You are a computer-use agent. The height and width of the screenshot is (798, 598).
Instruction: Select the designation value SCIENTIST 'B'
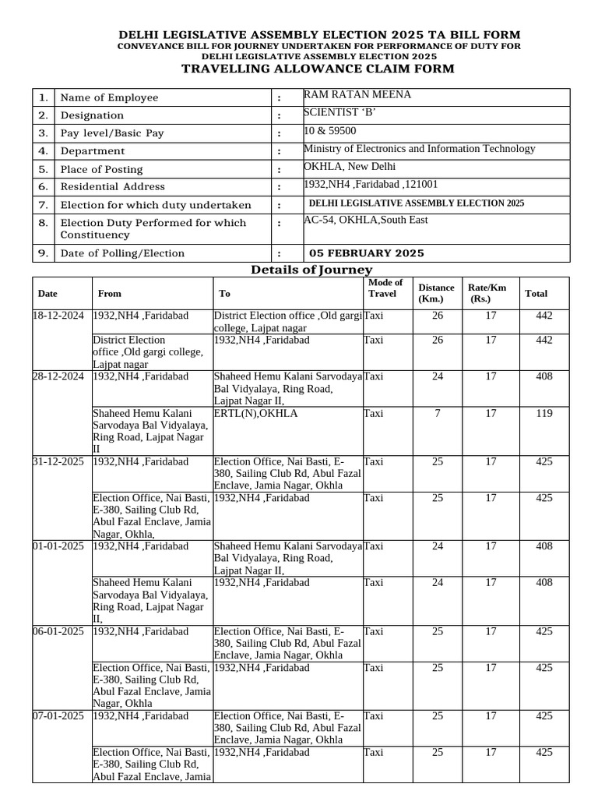pos(339,113)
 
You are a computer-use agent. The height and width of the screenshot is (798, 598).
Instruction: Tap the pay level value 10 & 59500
pos(330,131)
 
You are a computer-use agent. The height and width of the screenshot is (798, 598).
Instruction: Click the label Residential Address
pos(113,186)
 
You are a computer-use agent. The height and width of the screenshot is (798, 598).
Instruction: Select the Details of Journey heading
pos(311,270)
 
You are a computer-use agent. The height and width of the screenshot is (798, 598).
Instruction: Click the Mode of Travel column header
pos(385,288)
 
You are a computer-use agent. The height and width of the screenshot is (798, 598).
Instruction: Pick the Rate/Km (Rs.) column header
pos(487,293)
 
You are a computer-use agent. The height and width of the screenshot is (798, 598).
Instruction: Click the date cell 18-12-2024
pos(58,315)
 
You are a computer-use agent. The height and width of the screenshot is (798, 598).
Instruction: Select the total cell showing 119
pos(544,413)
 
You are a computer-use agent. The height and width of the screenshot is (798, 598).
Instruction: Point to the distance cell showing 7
pos(438,413)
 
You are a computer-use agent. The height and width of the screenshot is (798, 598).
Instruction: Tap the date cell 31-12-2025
pos(58,461)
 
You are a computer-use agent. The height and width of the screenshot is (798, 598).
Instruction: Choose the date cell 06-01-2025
pos(58,631)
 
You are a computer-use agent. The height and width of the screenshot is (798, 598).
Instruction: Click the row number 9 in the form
pos(44,253)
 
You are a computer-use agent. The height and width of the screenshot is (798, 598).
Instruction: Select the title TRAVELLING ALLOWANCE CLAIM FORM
pos(318,69)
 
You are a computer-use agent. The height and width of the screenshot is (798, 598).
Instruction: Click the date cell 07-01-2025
pos(58,715)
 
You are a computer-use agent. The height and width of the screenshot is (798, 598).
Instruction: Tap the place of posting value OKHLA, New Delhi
pos(350,167)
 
